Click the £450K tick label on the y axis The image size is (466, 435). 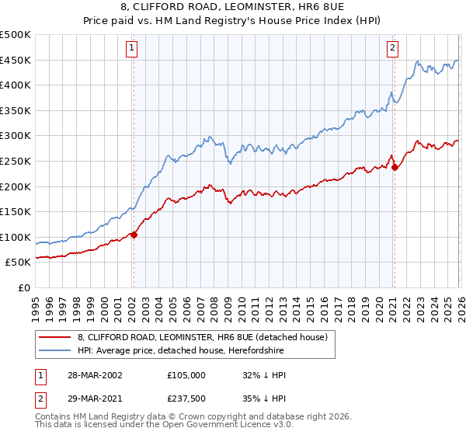click(x=16, y=60)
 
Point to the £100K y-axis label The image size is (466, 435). click(x=16, y=237)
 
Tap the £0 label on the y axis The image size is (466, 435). click(x=25, y=287)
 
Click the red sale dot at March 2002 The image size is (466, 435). click(x=134, y=235)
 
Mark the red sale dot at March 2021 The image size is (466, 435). click(x=395, y=167)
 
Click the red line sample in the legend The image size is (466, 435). click(x=54, y=337)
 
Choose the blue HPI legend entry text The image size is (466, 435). click(x=203, y=350)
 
